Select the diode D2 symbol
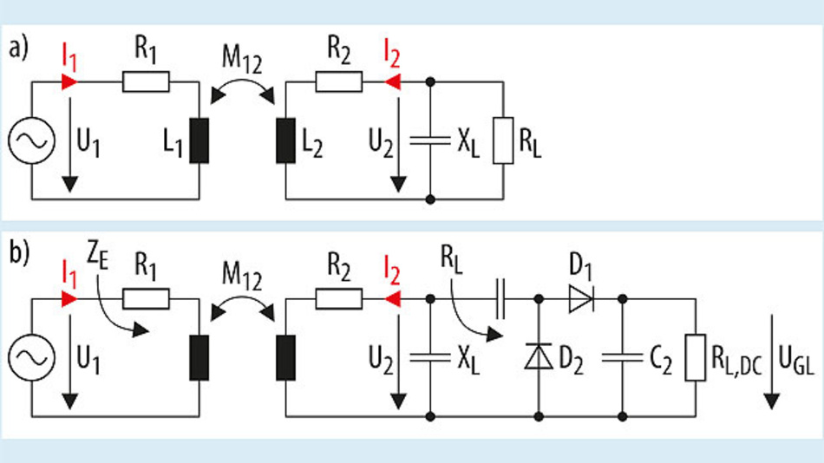click(x=538, y=356)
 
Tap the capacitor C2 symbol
click(x=623, y=356)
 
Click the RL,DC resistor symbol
click(x=695, y=356)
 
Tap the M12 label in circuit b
click(x=244, y=277)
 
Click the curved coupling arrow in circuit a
click(x=244, y=86)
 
